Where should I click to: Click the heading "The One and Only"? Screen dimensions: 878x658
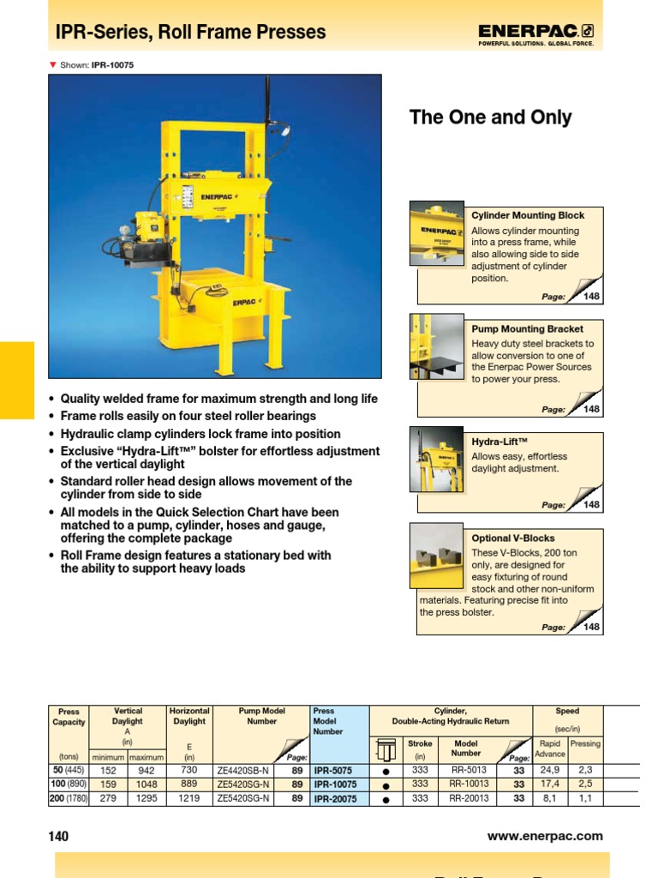pyautogui.click(x=490, y=117)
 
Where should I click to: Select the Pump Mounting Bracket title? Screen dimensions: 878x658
pyautogui.click(x=527, y=328)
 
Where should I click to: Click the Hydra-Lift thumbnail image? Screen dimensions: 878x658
pyautogui.click(x=436, y=460)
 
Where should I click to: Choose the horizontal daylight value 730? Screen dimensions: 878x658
pyautogui.click(x=189, y=771)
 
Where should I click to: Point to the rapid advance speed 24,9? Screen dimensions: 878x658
pyautogui.click(x=549, y=771)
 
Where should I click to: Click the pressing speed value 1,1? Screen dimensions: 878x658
pyautogui.click(x=585, y=799)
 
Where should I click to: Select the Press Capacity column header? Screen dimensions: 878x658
pyautogui.click(x=69, y=717)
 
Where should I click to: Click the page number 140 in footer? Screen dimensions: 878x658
pyautogui.click(x=58, y=836)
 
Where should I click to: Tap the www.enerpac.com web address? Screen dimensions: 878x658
pyautogui.click(x=545, y=836)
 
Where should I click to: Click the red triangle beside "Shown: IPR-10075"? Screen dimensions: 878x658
pyautogui.click(x=52, y=64)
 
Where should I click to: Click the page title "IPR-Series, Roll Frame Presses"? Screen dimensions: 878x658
pyautogui.click(x=190, y=33)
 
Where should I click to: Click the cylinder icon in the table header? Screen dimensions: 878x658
pyautogui.click(x=386, y=748)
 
